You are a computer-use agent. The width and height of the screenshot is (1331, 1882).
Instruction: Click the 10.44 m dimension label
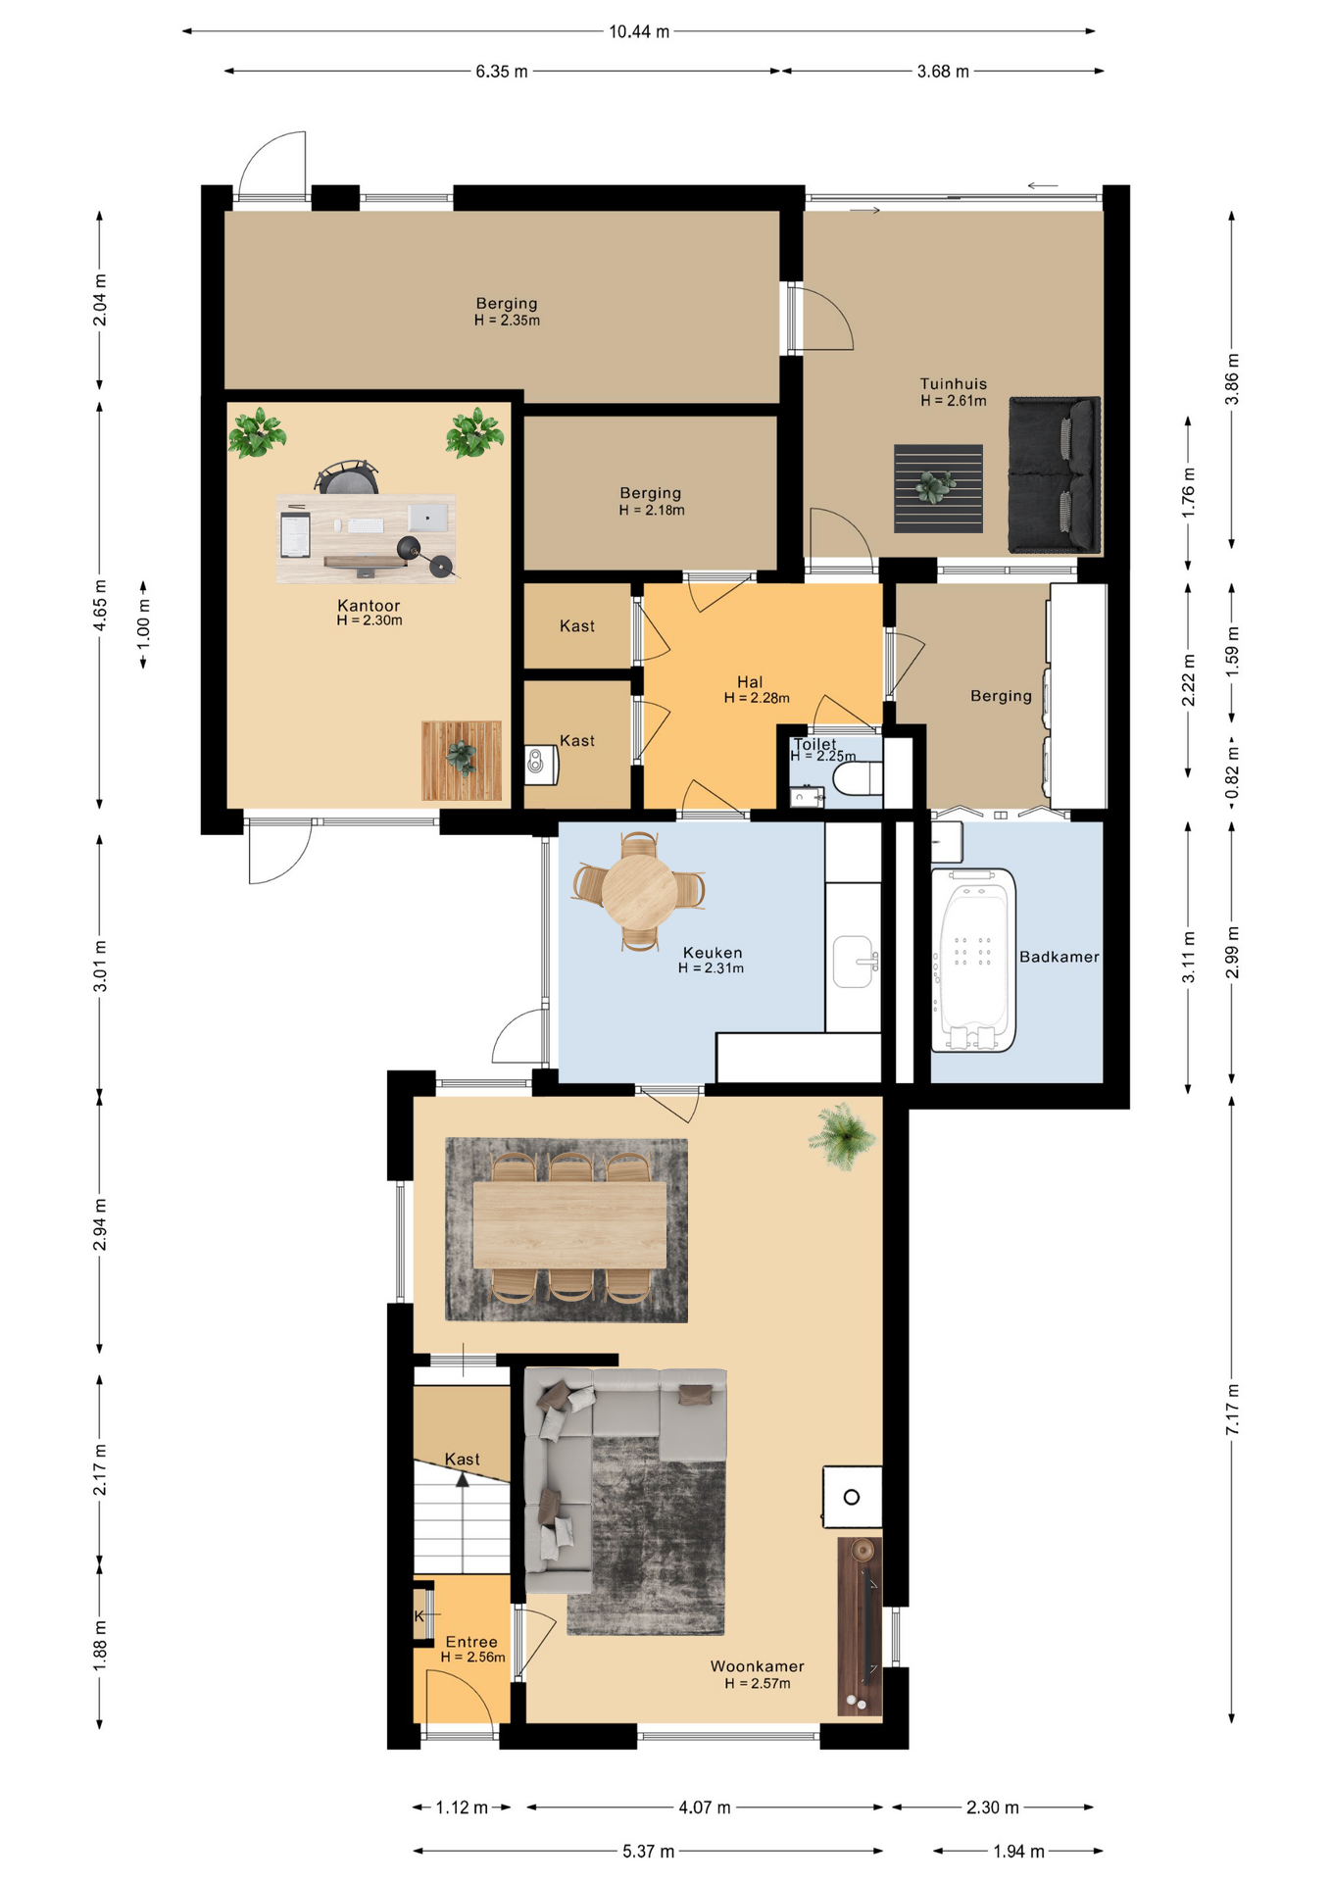pyautogui.click(x=639, y=31)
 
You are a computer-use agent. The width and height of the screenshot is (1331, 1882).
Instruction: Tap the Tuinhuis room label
pyautogui.click(x=953, y=384)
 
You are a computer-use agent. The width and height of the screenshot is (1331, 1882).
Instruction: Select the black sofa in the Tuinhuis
pyautogui.click(x=1055, y=474)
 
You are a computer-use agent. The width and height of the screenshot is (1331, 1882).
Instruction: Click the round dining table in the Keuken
pyautogui.click(x=639, y=891)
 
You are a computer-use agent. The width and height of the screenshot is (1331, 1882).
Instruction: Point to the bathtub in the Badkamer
pyautogui.click(x=973, y=960)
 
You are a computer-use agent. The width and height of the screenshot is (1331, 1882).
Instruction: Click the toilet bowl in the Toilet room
pyautogui.click(x=857, y=779)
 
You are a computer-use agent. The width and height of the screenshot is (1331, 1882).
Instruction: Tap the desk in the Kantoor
pyautogui.click(x=366, y=538)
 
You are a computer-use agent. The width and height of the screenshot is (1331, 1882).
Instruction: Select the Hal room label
pyautogui.click(x=750, y=682)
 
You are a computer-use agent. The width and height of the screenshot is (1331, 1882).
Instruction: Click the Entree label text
pyautogui.click(x=471, y=1642)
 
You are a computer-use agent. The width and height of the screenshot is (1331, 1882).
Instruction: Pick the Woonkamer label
pyautogui.click(x=757, y=1666)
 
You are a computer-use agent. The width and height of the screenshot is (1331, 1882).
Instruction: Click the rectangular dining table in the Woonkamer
pyautogui.click(x=569, y=1225)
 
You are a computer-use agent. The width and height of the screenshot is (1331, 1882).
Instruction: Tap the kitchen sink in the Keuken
pyautogui.click(x=854, y=961)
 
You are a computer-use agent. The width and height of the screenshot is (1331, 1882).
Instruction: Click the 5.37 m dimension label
pyautogui.click(x=648, y=1851)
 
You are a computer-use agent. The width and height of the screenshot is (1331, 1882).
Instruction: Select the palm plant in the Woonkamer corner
pyautogui.click(x=842, y=1136)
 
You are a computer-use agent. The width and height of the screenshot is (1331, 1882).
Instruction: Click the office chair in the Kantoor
pyautogui.click(x=346, y=476)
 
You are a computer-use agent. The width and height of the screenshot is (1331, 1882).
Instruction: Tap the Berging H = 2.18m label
pyautogui.click(x=651, y=501)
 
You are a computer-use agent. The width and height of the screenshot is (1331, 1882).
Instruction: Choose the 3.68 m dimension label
pyautogui.click(x=943, y=72)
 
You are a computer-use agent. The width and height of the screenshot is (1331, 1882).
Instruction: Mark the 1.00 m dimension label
pyautogui.click(x=143, y=625)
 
